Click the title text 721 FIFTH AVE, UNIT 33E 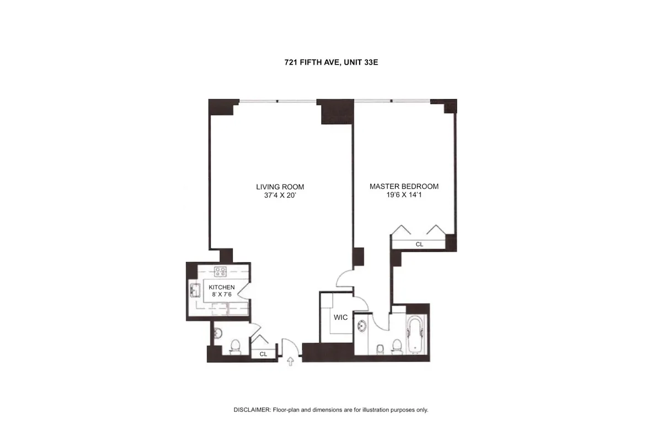330,63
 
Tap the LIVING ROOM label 280,187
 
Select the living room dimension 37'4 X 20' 280,195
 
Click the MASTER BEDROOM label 404,187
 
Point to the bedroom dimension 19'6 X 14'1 404,195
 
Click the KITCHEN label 222,287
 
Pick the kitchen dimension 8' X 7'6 222,295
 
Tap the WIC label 340,318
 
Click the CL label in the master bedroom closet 419,244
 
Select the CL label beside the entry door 263,354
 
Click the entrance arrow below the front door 291,361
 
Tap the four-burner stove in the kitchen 221,271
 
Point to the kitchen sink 195,289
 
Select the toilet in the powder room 235,346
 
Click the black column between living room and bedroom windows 337,112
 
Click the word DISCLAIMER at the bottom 252,410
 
